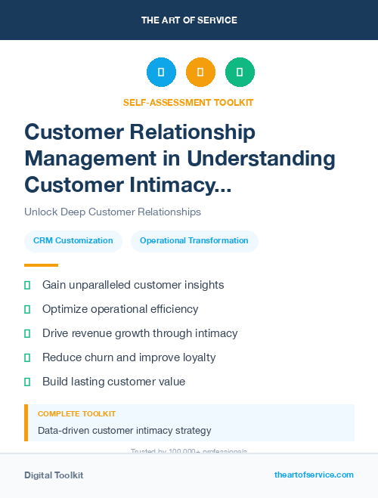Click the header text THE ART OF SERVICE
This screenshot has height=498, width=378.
[189, 20]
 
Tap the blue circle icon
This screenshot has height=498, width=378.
[161, 72]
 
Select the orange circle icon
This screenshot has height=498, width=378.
[200, 72]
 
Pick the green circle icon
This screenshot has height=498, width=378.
[240, 72]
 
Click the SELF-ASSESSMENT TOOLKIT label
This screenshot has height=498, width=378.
[188, 102]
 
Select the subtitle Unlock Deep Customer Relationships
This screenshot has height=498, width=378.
[113, 212]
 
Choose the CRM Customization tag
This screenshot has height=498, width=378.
[73, 241]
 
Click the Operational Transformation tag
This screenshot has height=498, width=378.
[194, 241]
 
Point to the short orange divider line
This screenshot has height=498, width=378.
[41, 265]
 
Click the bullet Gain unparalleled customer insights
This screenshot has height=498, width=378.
[133, 285]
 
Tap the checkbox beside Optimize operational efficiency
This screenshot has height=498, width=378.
[27, 309]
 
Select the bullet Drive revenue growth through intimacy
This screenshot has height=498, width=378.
[140, 333]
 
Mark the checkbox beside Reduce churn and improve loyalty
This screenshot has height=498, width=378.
[27, 357]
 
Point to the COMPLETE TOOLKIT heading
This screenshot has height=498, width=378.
[76, 414]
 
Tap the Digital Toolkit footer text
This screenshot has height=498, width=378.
[54, 475]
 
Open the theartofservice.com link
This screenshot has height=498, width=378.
[314, 475]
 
